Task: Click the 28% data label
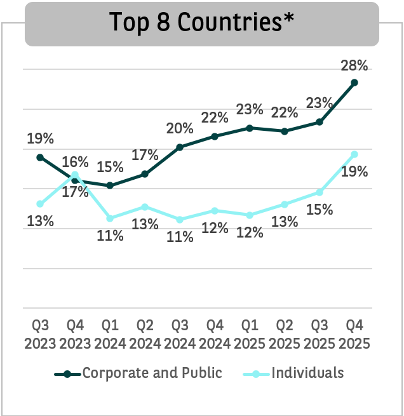pos(354,65)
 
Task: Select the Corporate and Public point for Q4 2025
pos(354,83)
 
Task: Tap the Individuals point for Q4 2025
pos(354,154)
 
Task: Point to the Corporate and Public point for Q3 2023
pos(40,157)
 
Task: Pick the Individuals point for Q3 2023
pos(40,204)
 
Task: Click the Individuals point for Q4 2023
pos(75,175)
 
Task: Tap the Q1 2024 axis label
pos(110,334)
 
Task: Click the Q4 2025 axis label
pos(354,334)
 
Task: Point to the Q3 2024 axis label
pos(180,334)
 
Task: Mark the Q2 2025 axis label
pos(285,334)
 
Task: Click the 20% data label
pos(180,129)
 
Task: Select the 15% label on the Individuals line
pos(320,210)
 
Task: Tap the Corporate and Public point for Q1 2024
pos(110,185)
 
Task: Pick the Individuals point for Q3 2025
pos(320,192)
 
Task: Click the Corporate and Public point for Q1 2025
pos(250,128)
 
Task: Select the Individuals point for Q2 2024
pos(145,206)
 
